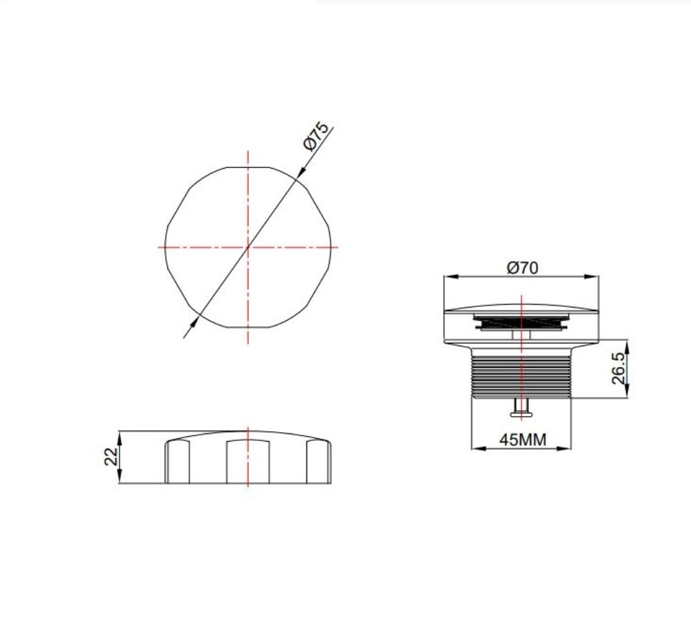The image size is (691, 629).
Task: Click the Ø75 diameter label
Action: (x=316, y=136)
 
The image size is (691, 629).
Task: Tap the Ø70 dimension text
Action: (x=522, y=267)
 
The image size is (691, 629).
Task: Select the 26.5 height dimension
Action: (x=618, y=368)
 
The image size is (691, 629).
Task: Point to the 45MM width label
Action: (x=523, y=440)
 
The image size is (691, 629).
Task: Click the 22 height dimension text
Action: (x=111, y=456)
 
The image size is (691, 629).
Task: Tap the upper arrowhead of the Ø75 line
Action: (x=302, y=172)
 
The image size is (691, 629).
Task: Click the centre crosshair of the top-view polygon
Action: (x=248, y=247)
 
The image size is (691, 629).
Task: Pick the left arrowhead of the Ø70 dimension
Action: (x=451, y=276)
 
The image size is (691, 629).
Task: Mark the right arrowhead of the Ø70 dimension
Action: (x=591, y=276)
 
